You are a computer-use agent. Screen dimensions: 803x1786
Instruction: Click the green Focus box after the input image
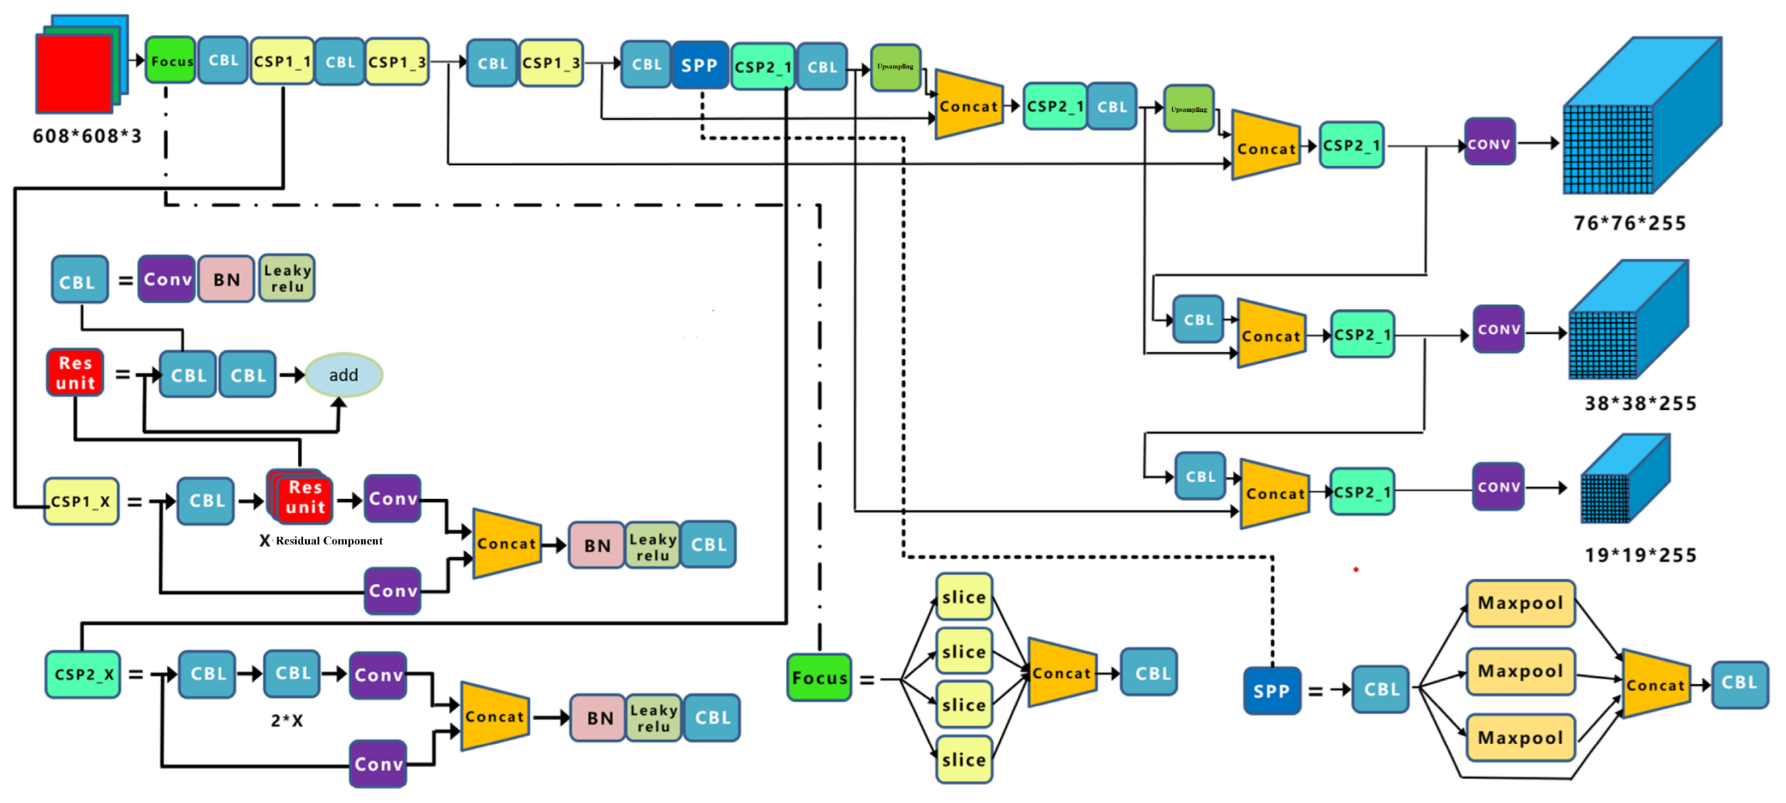170,61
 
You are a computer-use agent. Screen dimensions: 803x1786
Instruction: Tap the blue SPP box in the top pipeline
699,65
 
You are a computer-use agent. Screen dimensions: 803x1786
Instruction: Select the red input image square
74,75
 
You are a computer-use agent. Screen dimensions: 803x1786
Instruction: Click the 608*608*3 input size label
87,136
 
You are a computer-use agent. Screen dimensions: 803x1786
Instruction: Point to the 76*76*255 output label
1629,223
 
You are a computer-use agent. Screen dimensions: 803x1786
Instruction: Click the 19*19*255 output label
1640,555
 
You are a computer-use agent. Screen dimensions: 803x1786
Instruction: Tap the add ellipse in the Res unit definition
343,375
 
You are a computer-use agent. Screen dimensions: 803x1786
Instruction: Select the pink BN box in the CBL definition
226,279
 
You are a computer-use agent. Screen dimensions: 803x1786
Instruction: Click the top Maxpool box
1520,603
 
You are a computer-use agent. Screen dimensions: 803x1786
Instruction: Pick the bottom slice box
964,760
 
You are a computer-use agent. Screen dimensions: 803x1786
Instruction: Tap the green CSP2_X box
83,674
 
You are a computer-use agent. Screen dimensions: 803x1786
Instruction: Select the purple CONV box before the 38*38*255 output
1497,330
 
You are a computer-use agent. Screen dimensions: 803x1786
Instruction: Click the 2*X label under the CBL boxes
287,720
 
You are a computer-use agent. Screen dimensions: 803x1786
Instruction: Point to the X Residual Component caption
322,541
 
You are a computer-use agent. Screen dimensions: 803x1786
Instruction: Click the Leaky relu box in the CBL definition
287,279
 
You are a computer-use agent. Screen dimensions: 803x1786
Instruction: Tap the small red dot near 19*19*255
1356,570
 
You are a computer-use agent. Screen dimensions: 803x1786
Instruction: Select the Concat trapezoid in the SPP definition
1656,685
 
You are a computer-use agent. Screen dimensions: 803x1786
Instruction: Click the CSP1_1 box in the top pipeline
281,62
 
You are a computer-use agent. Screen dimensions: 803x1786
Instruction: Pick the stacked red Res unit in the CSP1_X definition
301,497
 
